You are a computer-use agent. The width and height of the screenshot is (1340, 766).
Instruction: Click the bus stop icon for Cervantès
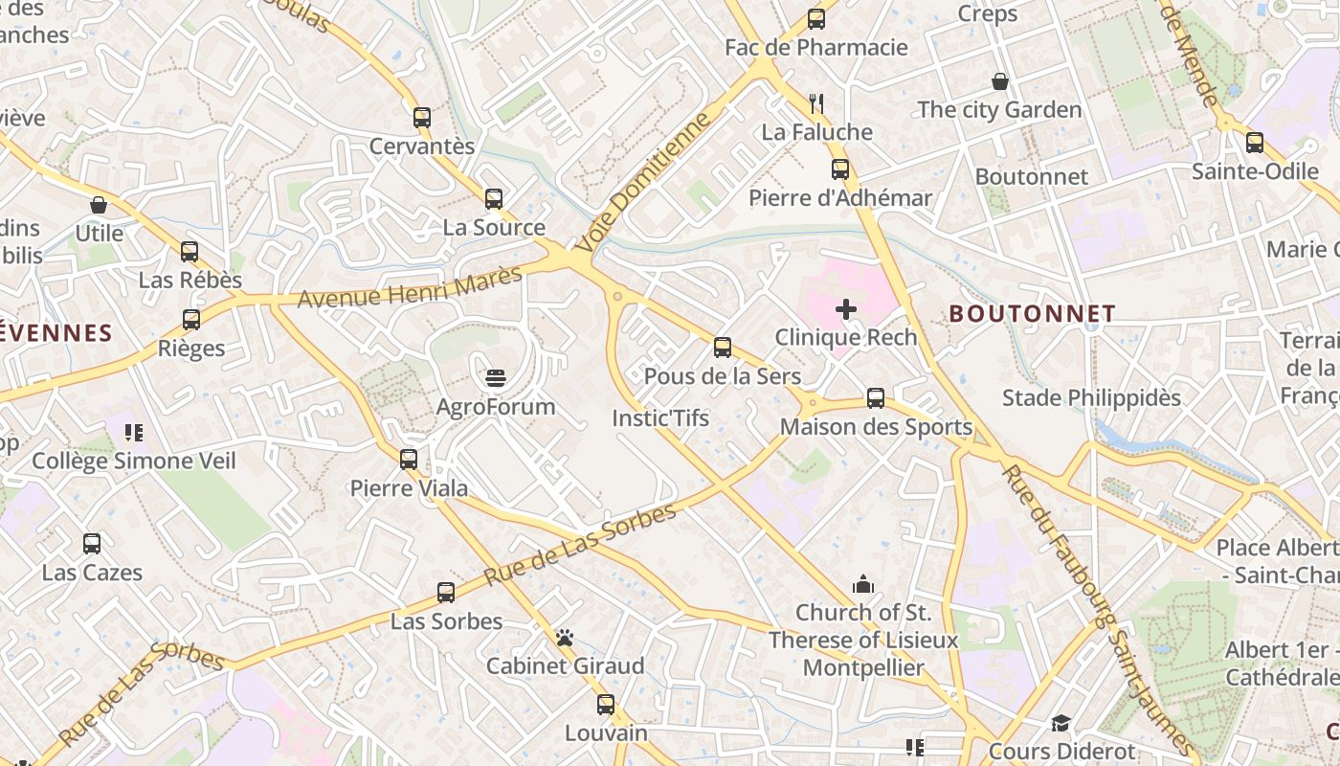click(422, 118)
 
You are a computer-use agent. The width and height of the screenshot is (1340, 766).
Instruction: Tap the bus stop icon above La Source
click(494, 199)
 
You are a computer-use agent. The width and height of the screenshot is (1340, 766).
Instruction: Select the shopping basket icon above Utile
click(99, 205)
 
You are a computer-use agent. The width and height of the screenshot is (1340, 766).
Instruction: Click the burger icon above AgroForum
click(495, 378)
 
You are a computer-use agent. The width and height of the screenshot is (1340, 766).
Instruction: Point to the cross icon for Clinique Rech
click(846, 308)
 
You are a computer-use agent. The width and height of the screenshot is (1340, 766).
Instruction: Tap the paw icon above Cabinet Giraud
click(565, 638)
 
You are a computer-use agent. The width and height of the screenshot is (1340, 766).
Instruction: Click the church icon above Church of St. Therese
click(862, 583)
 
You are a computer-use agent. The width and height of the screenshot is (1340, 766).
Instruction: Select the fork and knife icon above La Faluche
click(816, 103)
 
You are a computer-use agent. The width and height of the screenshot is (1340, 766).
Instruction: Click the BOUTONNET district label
click(1032, 314)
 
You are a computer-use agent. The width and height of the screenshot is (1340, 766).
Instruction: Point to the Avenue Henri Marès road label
click(410, 287)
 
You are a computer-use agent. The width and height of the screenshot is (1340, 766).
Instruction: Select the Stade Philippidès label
click(1091, 397)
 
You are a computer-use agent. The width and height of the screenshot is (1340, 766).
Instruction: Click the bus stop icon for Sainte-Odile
click(1255, 144)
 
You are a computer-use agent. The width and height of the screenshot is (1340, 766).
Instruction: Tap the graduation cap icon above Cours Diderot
click(1061, 724)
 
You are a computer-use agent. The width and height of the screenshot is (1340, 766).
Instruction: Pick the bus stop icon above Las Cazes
click(92, 544)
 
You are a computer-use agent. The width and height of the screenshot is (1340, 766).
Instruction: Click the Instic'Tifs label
click(660, 418)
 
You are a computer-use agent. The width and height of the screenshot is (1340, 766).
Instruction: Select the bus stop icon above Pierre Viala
click(409, 460)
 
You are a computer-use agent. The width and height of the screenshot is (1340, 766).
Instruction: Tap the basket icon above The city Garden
click(1000, 81)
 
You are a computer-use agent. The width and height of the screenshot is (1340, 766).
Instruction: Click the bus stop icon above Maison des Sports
click(876, 398)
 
